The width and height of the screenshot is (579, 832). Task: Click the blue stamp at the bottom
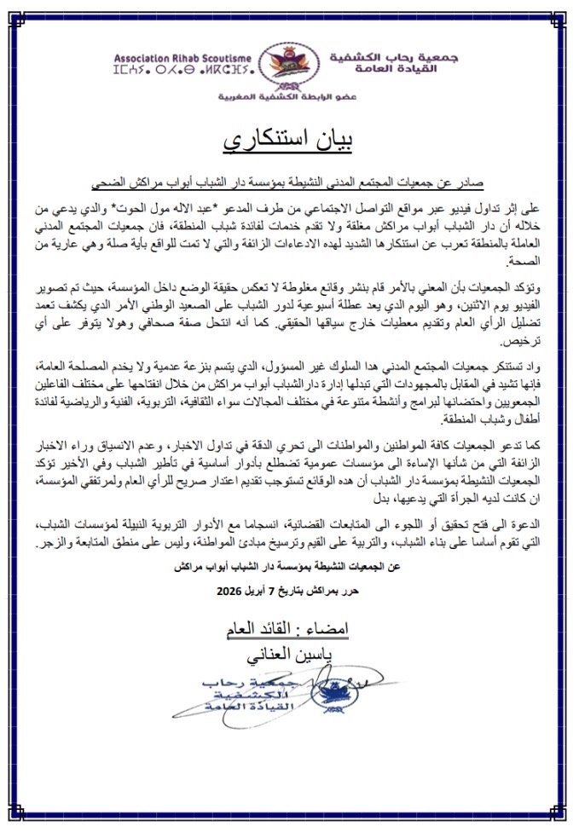pyautogui.click(x=281, y=696)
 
